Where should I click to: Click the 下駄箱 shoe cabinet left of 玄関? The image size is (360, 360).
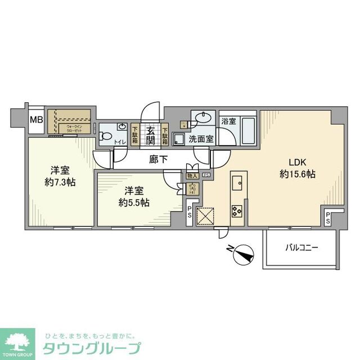[x=136, y=136]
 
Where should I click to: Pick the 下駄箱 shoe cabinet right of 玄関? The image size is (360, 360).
[x=165, y=136]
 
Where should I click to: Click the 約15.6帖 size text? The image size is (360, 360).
[x=297, y=175]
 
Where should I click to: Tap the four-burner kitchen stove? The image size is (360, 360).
[x=236, y=210]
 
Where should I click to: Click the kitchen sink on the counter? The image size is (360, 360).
[x=237, y=183]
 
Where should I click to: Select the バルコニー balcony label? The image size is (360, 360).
[x=303, y=246]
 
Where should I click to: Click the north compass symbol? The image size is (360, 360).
[x=241, y=255]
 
